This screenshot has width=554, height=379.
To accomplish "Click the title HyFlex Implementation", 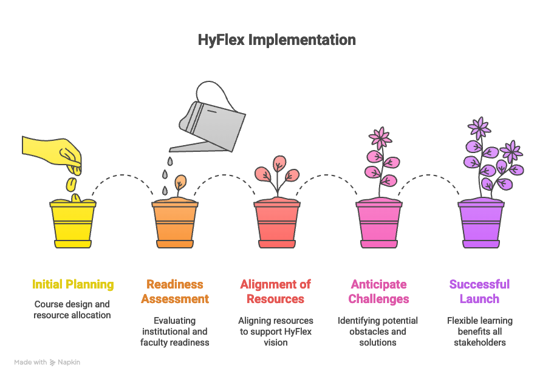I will pos(277,40).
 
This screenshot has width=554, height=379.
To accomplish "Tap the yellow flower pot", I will pos(73,223).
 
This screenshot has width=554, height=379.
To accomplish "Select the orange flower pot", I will pos(175,223).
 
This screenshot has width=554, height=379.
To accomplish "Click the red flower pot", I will pos(277,223).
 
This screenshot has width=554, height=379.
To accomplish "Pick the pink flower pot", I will pos(379,223).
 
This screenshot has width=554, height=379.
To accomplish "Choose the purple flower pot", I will pos(481,223).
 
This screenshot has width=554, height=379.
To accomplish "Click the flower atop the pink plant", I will pos(381,137).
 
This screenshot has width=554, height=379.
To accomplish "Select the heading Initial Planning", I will pos(73,284).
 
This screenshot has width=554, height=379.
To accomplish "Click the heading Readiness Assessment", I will pos(175,292).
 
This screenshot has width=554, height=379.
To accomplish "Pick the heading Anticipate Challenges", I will pos(379,292).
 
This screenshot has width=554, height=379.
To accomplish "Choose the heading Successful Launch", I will pos(479,292).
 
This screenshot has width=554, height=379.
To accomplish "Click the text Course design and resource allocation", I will pos(72,310).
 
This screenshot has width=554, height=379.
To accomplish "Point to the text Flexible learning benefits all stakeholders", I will pos(479,332).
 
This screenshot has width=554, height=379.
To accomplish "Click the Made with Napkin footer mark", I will pos(47,362).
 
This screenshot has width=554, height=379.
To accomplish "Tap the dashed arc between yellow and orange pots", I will pos(124,177).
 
